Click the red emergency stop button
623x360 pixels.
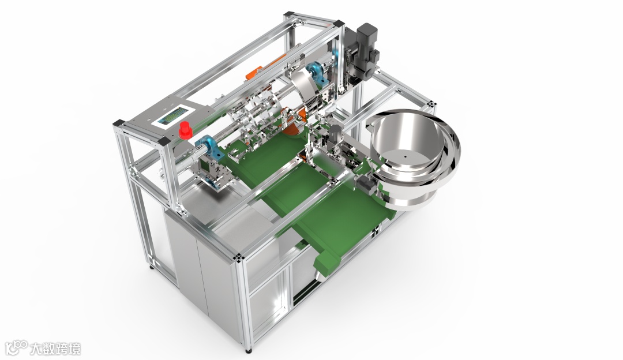(185, 131)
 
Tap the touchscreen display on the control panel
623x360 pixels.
(173, 117)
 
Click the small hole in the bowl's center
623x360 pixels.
(405, 157)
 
